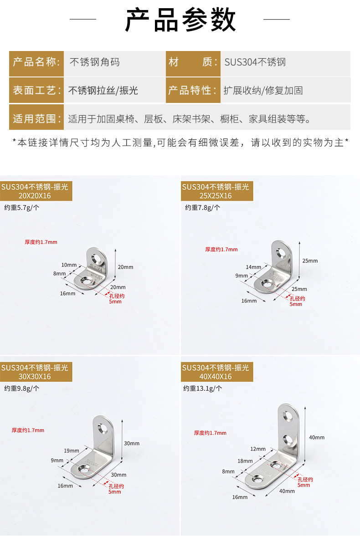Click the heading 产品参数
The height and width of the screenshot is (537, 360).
click(x=180, y=20)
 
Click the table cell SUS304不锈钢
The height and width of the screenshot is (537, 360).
click(x=255, y=62)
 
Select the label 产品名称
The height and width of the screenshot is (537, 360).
click(x=36, y=62)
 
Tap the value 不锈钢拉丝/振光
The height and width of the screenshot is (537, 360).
click(x=103, y=90)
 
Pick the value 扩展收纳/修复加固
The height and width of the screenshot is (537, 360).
click(x=263, y=90)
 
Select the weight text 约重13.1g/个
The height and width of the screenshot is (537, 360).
click(x=203, y=389)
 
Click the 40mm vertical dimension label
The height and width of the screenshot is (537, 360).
click(x=317, y=437)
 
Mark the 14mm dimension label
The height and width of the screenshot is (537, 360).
click(x=253, y=267)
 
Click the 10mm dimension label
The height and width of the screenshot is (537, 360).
click(x=69, y=265)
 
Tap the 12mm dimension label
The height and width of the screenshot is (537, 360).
click(x=257, y=449)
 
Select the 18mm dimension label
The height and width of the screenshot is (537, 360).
click(x=245, y=461)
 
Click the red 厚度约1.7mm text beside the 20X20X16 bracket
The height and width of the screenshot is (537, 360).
click(x=41, y=242)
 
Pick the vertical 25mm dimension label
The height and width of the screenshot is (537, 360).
click(x=310, y=261)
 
